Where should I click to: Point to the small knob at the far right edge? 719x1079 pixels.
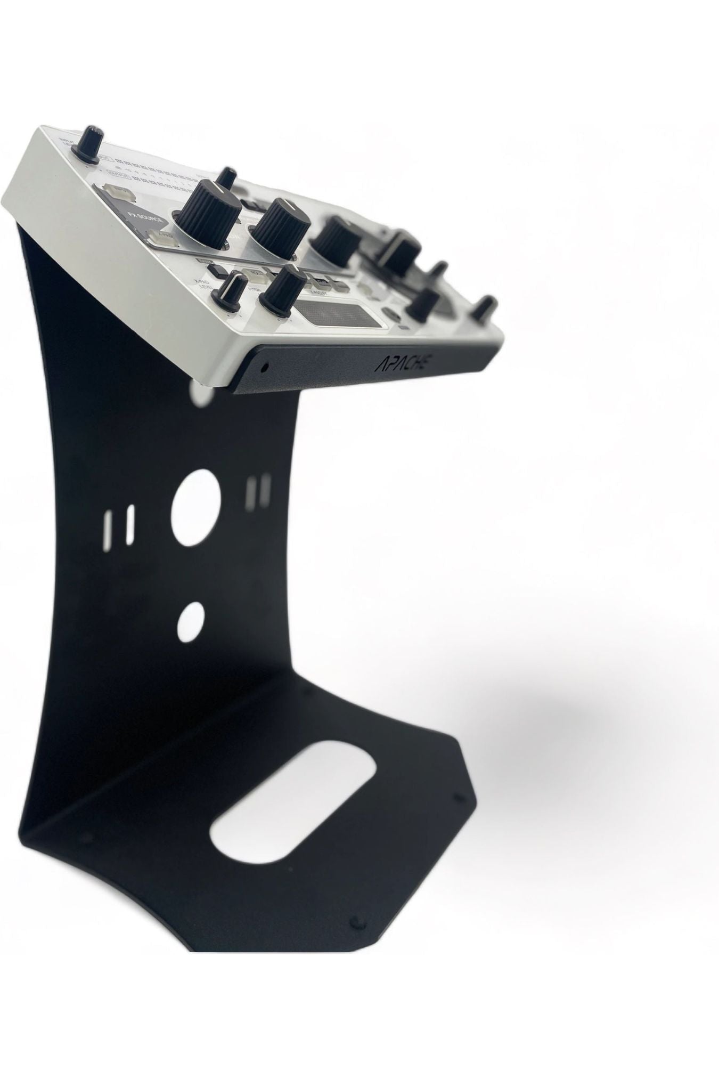[x=483, y=308]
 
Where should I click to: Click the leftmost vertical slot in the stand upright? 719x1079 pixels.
[x=111, y=525]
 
